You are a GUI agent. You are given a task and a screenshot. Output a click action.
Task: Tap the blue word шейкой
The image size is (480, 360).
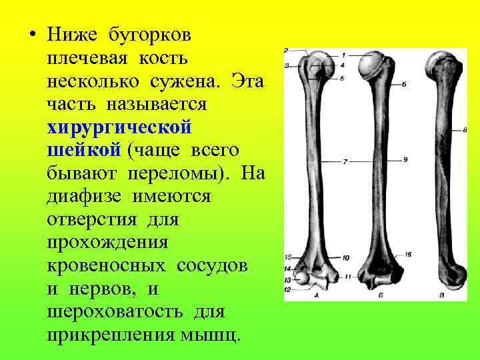tap(83, 150)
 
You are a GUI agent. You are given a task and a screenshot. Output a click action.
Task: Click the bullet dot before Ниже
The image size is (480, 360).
tap(31, 33)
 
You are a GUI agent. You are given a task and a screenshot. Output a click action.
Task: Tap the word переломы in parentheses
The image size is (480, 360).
tap(193, 173)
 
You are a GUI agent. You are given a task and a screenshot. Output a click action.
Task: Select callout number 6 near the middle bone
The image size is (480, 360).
tap(405, 83)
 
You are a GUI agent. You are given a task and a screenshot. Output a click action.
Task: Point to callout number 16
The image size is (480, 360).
tap(407, 254)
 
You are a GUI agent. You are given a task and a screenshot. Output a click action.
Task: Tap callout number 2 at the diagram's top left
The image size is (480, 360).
tap(286, 51)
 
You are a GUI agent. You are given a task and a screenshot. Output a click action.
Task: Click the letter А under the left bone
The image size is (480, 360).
tap(316, 294)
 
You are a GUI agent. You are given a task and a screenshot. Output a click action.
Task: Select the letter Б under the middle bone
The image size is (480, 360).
tap(379, 293)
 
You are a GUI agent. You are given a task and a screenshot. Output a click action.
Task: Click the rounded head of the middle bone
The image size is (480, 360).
tap(370, 64)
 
